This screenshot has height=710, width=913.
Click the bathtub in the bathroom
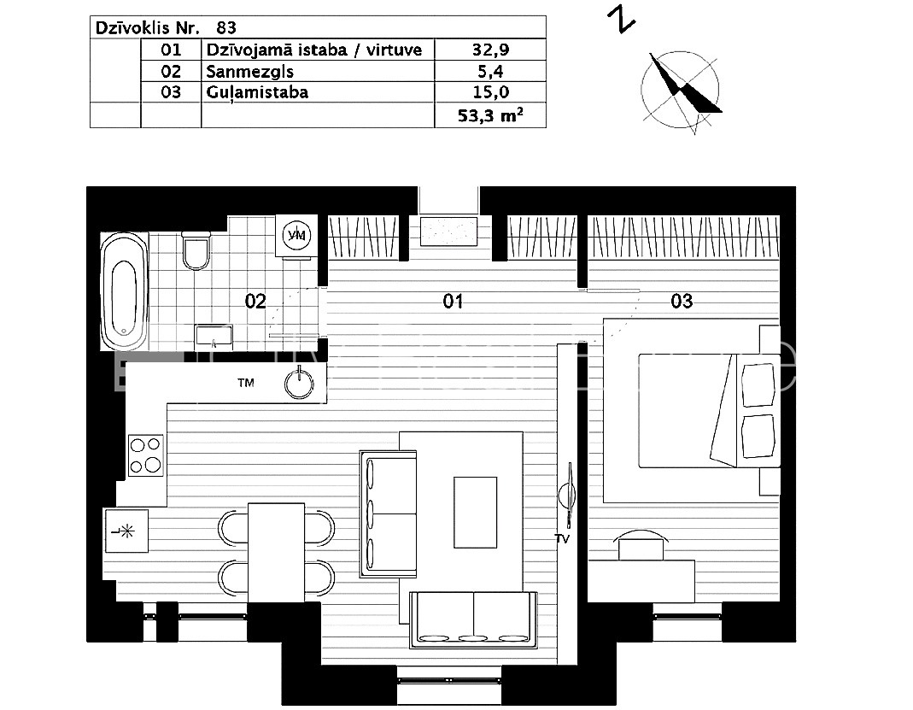click(x=125, y=291)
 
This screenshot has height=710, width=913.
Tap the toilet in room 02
click(x=196, y=250)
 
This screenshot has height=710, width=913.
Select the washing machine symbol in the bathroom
click(x=297, y=235)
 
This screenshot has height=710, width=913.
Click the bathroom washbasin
click(x=214, y=337)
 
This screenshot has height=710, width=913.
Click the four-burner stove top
click(x=146, y=455)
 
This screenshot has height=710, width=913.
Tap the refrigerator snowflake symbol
click(x=126, y=531)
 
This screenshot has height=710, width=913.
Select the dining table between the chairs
click(x=276, y=552)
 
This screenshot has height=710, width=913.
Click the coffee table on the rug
click(x=475, y=512)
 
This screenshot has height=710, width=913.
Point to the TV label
click(x=562, y=539)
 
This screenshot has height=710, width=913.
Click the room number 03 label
click(x=682, y=301)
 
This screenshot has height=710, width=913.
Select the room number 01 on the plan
click(x=453, y=301)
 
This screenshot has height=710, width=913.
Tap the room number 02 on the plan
click(x=255, y=301)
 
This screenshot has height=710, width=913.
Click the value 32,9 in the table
click(x=490, y=50)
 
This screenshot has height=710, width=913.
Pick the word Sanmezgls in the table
click(x=249, y=72)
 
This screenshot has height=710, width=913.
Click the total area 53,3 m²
click(x=490, y=114)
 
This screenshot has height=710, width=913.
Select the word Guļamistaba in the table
click(x=257, y=92)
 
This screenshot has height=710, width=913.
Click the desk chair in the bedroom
click(x=641, y=545)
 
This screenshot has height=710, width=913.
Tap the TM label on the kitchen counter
click(x=246, y=383)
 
